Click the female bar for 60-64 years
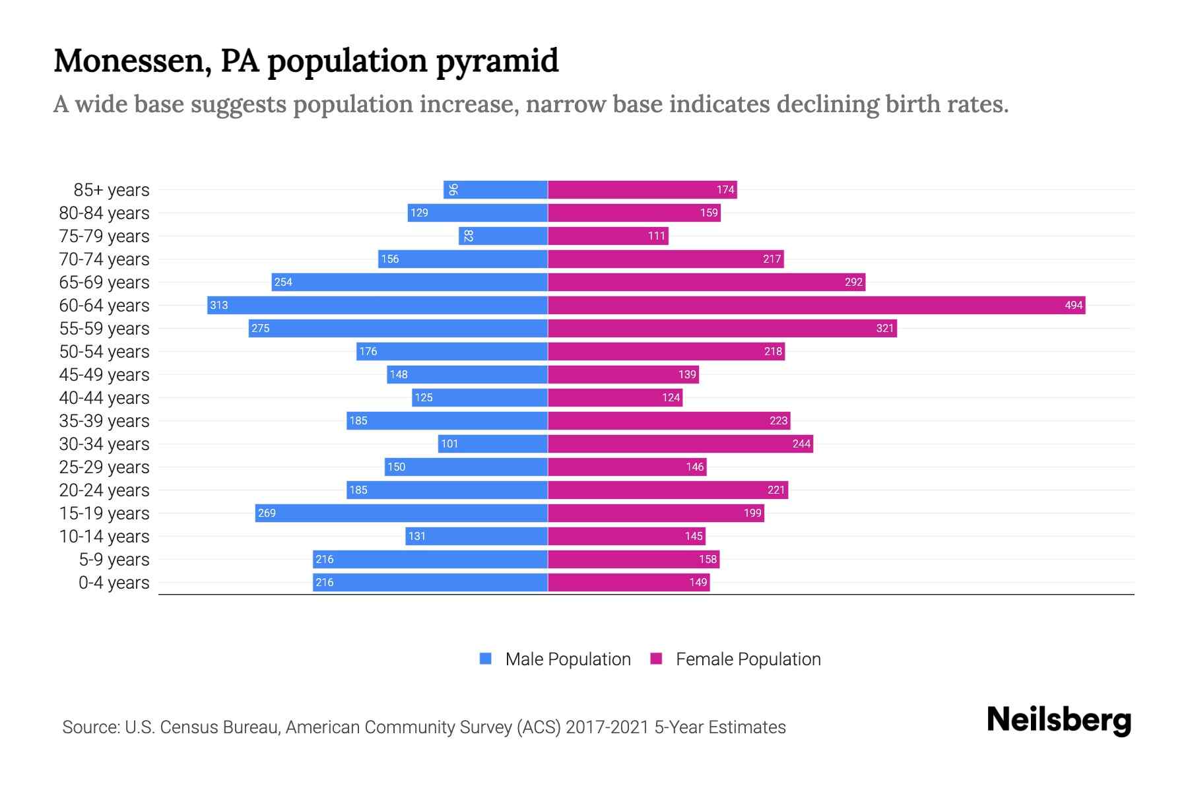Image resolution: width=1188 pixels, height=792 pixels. [x=816, y=305]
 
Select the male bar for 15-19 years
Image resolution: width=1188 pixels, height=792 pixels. [x=401, y=513]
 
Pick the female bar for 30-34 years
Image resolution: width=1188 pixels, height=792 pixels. [x=680, y=444]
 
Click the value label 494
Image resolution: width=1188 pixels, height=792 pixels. [x=1073, y=305]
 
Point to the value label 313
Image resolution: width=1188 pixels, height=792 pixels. [x=219, y=305]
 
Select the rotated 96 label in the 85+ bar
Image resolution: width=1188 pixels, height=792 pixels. [x=453, y=190]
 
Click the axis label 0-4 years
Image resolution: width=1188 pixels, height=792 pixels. [x=114, y=583]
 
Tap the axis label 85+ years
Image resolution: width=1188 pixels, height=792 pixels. [x=112, y=190]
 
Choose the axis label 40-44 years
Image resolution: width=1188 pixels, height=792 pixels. [x=104, y=398]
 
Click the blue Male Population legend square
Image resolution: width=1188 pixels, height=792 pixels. [x=486, y=659]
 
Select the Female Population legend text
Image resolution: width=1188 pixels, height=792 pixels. [x=748, y=659]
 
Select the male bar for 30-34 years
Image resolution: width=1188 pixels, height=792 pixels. [x=493, y=444]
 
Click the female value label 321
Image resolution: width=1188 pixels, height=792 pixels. [x=884, y=328]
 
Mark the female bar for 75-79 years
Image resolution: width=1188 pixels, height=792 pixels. [x=608, y=236]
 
